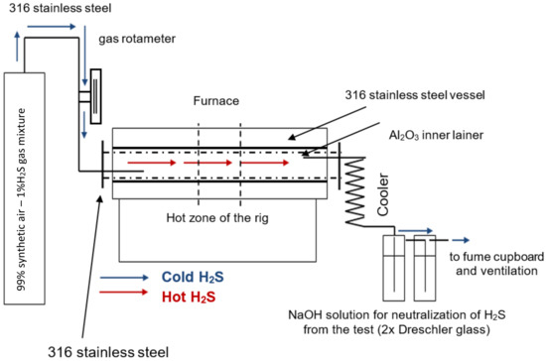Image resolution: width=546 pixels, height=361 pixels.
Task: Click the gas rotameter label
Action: [137, 39]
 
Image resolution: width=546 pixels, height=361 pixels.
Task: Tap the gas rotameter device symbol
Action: [95, 96]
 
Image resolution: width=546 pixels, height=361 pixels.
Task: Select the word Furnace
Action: [216, 101]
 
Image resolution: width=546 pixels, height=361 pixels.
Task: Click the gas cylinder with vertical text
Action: [25, 188]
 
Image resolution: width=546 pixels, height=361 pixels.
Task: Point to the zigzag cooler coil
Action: [354, 191]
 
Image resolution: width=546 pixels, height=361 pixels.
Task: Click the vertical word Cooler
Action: [383, 194]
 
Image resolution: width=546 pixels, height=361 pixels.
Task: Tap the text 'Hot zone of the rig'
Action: [217, 218]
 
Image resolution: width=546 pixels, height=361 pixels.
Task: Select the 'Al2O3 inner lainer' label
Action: [436, 135]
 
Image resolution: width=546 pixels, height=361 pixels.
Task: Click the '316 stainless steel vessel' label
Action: [415, 95]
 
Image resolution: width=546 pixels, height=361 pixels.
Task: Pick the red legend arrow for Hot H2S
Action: [124, 293]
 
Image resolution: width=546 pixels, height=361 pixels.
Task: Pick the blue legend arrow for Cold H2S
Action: [124, 277]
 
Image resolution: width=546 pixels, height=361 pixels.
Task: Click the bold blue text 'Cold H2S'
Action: [193, 277]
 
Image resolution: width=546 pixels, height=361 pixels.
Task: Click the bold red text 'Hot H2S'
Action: [189, 297]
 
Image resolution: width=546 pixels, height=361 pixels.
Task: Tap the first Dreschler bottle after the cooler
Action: [394, 268]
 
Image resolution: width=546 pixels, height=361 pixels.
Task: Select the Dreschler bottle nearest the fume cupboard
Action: [425, 268]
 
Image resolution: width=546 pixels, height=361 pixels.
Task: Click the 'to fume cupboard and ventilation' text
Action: [496, 264]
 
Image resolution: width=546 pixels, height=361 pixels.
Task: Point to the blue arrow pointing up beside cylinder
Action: [17, 47]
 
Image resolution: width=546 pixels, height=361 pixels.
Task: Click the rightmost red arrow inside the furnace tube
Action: [265, 163]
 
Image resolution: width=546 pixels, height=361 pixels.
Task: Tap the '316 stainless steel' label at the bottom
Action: [108, 352]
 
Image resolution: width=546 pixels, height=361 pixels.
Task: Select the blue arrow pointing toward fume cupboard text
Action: [461, 240]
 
